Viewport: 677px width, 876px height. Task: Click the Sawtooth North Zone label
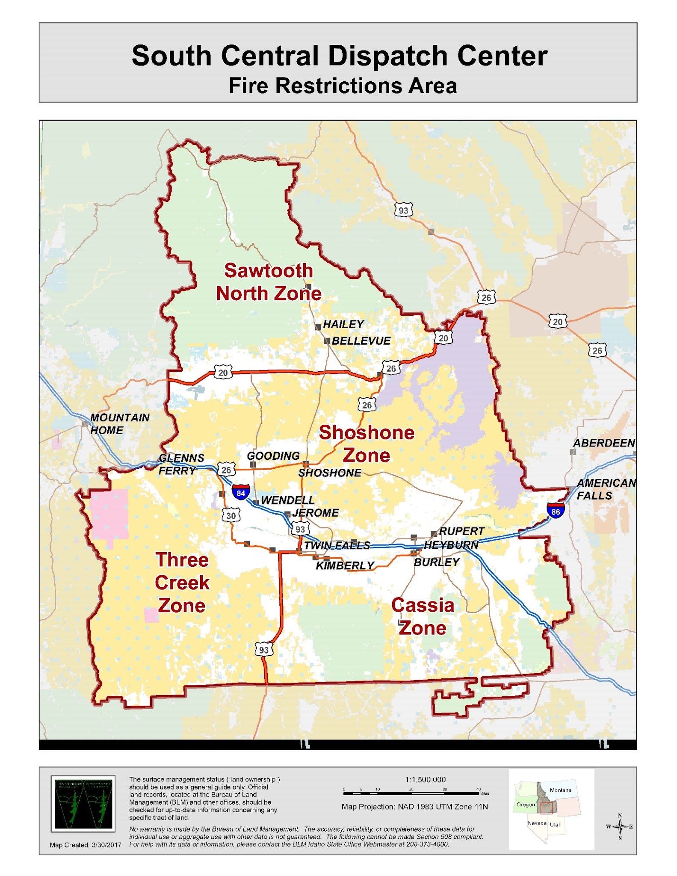[269, 282]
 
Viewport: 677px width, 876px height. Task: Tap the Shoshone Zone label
[367, 444]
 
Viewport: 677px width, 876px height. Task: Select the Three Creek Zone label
[182, 583]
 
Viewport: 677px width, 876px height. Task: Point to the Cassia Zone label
[423, 616]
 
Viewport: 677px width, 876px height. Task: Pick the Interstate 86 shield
[555, 511]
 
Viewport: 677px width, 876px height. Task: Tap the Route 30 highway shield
[231, 515]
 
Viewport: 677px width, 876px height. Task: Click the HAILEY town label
[343, 324]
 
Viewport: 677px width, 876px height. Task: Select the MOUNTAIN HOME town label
[119, 423]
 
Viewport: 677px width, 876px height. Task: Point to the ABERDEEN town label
[604, 443]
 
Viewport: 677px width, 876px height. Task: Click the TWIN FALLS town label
[337, 545]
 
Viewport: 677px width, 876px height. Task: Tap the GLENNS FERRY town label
[181, 464]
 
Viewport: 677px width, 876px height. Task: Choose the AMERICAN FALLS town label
[605, 489]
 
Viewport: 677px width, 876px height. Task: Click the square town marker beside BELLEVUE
[327, 341]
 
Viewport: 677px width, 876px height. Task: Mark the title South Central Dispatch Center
[339, 56]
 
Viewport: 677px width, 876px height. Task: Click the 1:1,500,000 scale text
[425, 779]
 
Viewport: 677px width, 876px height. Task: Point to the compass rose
[620, 826]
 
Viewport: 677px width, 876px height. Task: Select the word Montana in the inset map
[560, 790]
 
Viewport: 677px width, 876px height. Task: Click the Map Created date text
[85, 845]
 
